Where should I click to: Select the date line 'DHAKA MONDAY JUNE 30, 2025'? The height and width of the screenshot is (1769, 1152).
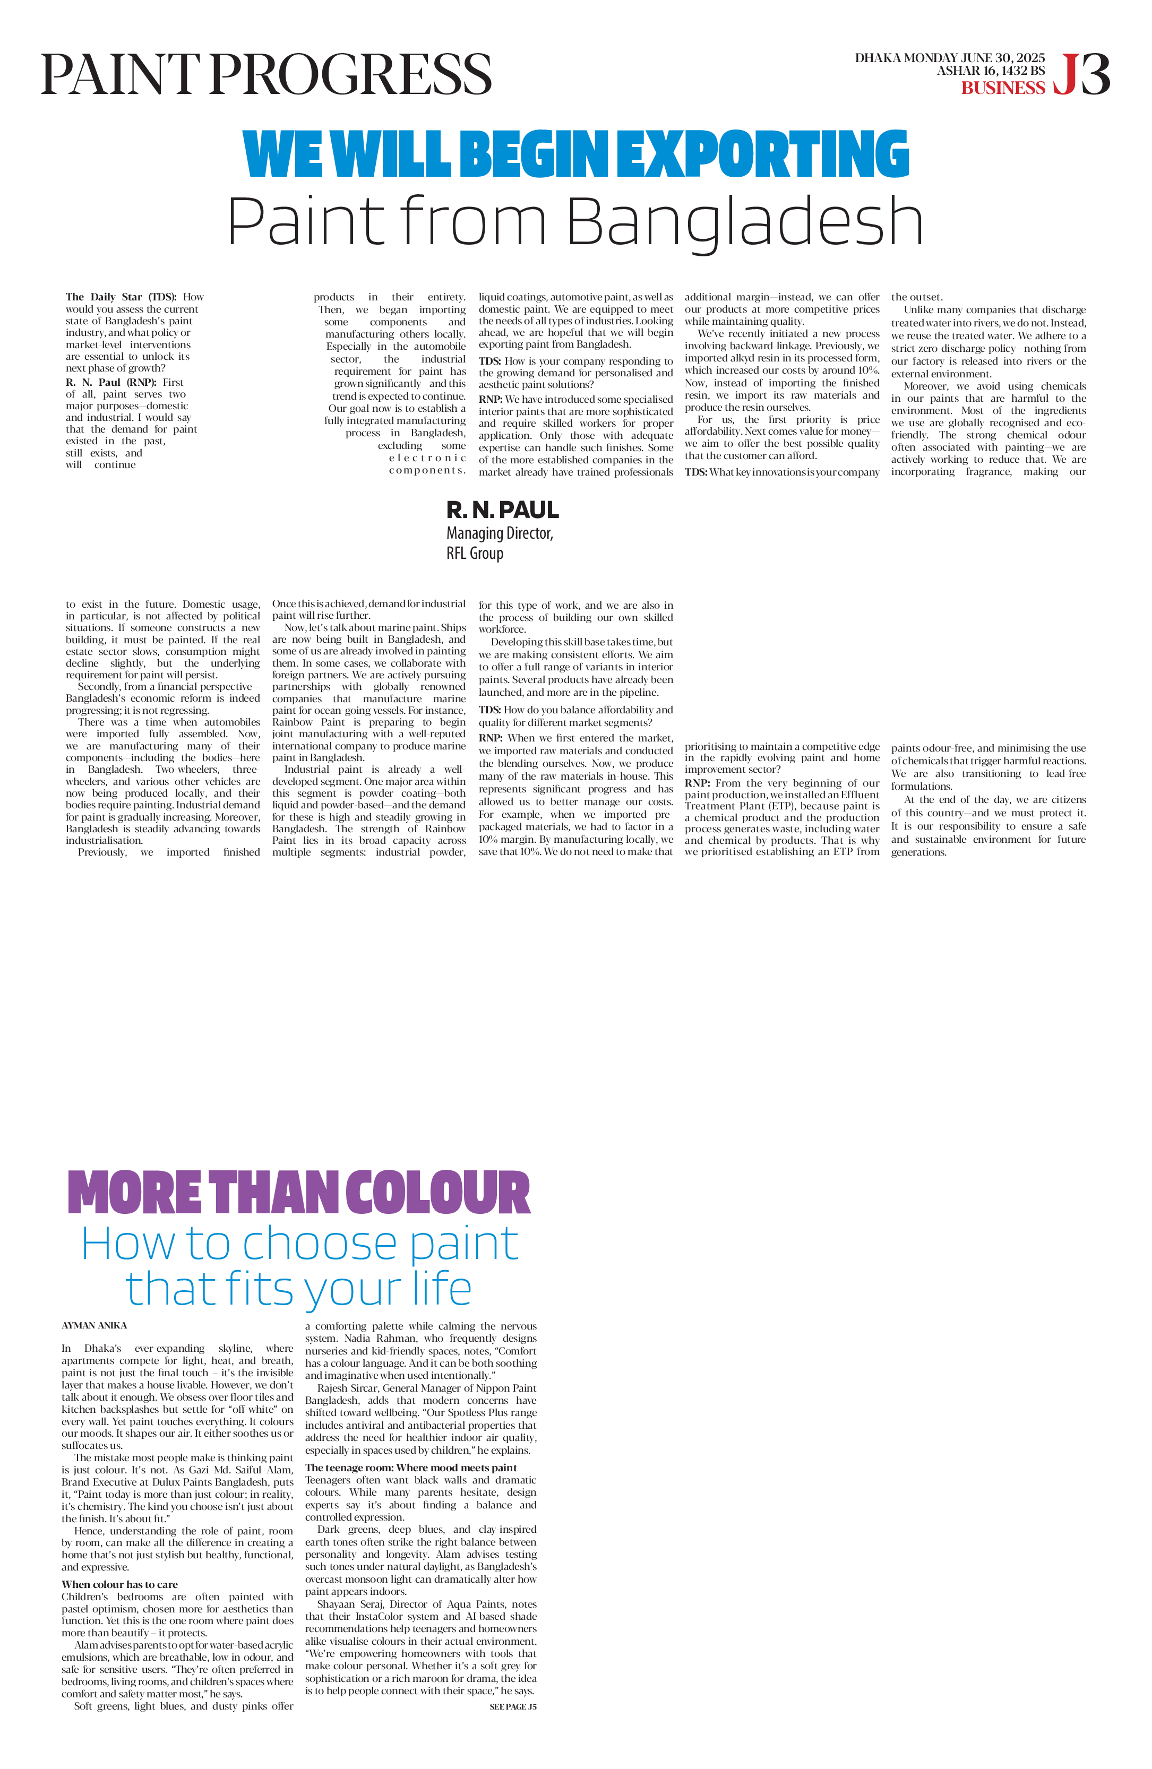[x=949, y=57]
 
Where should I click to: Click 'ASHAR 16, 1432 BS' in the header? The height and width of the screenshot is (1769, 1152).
[x=990, y=71]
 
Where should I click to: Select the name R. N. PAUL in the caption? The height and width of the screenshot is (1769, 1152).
[x=502, y=510]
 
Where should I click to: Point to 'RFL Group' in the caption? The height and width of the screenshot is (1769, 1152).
[x=475, y=553]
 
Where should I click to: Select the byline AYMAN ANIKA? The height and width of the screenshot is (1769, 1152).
[x=94, y=1325]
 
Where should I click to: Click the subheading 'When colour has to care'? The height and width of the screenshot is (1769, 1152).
[x=119, y=1584]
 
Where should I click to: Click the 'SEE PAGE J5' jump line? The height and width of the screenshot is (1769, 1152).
[x=513, y=1706]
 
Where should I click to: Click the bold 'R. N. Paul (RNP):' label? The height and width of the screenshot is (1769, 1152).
[x=111, y=382]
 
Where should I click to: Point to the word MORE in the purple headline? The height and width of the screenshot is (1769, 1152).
[x=134, y=1192]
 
